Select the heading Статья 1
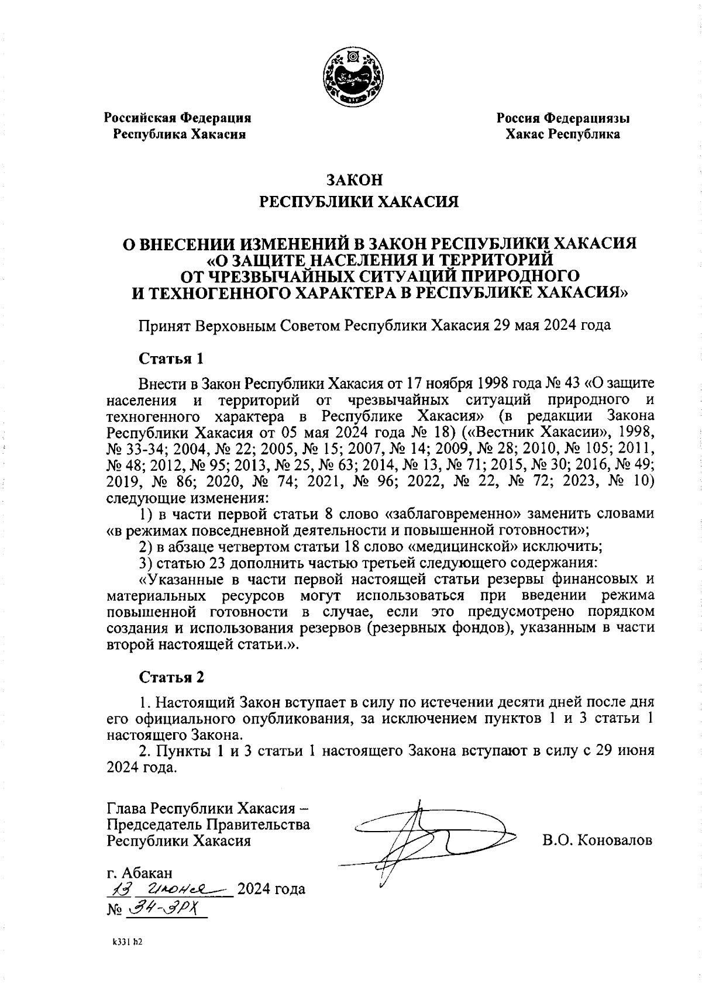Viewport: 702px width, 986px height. (x=170, y=357)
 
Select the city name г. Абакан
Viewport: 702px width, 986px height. (x=139, y=873)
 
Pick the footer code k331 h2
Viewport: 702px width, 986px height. (x=128, y=943)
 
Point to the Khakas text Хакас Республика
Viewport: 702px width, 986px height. (x=563, y=135)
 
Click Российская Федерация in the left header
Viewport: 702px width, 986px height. (x=177, y=118)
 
